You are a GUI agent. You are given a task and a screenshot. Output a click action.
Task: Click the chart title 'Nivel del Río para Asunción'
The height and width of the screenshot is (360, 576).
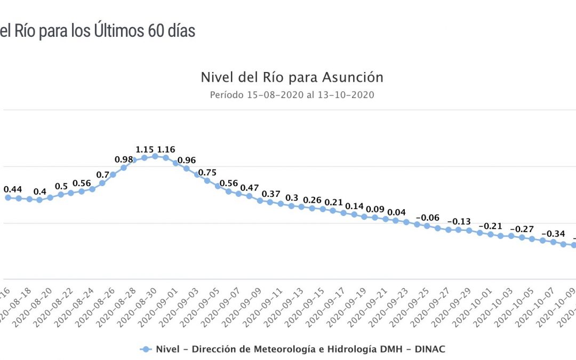[292, 77]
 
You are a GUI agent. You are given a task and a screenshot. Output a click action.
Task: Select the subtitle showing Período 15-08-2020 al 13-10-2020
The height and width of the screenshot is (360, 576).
[292, 95]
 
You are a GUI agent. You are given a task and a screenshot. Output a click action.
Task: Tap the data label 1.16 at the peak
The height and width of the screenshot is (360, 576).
[166, 150]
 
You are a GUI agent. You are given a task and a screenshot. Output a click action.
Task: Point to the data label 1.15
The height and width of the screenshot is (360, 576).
[145, 150]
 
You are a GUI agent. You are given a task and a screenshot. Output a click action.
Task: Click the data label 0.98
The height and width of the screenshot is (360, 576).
[124, 159]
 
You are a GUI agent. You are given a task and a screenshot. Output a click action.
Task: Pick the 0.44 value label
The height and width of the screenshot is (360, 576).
[13, 189]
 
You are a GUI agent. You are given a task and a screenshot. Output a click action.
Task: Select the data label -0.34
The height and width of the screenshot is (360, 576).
[553, 234]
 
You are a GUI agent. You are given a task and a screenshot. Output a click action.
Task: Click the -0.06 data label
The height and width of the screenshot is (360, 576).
[427, 218]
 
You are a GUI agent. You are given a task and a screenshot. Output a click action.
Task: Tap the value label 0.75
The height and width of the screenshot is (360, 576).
[207, 172]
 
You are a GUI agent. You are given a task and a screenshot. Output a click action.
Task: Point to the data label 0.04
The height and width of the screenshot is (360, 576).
[396, 212]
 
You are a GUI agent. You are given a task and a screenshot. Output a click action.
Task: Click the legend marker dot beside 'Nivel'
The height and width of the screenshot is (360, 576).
[145, 349]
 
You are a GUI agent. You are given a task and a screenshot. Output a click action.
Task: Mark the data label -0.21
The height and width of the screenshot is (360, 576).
[491, 226]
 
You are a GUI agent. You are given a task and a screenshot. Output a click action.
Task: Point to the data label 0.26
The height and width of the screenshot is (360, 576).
[313, 201]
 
